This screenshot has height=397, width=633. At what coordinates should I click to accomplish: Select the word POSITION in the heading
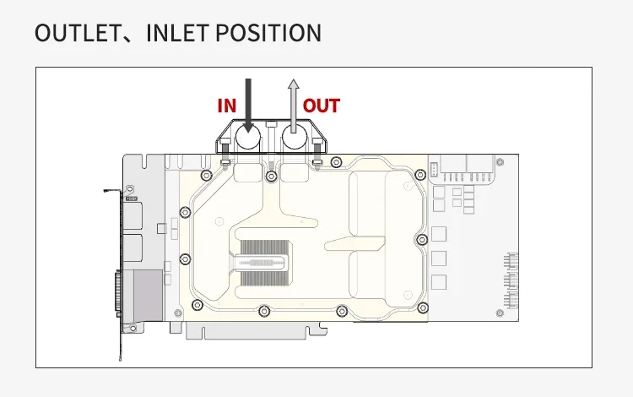[268, 33]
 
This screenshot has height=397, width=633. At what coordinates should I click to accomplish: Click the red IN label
[227, 106]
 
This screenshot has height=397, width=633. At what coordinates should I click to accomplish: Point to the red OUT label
[322, 106]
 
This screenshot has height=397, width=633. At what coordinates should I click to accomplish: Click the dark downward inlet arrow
[248, 106]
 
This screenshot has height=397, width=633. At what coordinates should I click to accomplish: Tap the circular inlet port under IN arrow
[247, 138]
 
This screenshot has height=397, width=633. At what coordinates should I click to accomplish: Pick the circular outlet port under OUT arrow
[295, 138]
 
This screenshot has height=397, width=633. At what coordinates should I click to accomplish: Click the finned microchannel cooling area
[264, 263]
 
